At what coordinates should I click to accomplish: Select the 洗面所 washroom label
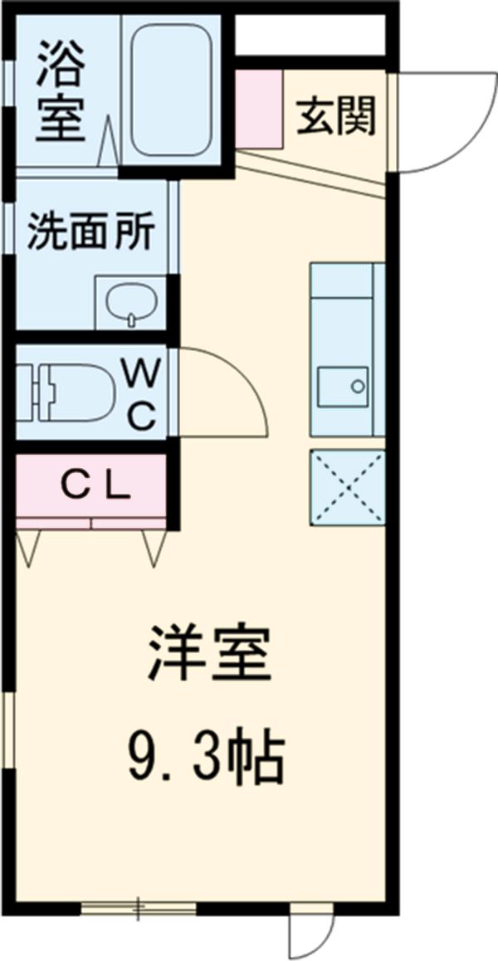coord(90,233)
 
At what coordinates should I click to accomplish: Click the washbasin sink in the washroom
coord(131,302)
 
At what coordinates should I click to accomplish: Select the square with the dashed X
coord(347,488)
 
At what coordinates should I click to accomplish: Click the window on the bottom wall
coord(139,908)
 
